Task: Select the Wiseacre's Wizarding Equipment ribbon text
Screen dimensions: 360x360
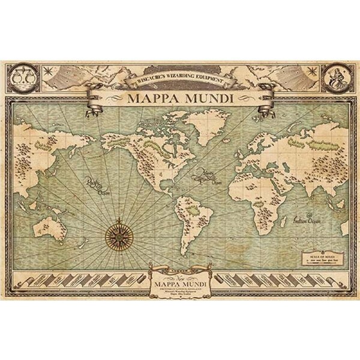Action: coord(180,78)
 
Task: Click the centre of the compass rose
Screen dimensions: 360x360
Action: coord(120,233)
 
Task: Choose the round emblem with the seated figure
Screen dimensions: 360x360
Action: coord(334,76)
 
